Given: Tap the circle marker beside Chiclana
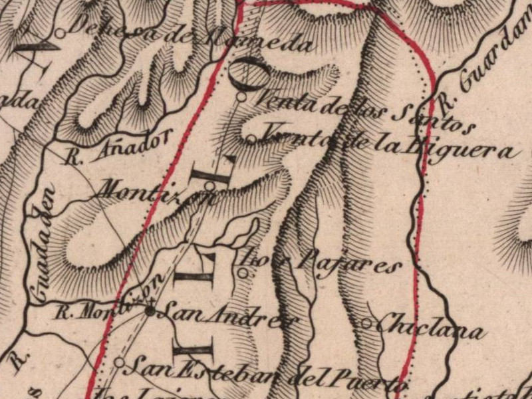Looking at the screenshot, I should pyautogui.click(x=366, y=324).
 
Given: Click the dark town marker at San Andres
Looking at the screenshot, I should pyautogui.click(x=150, y=310).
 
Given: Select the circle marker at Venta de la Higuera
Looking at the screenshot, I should pyautogui.click(x=251, y=139).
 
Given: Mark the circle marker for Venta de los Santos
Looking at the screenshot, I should pyautogui.click(x=242, y=96).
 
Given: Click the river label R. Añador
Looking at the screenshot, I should pyautogui.click(x=120, y=147).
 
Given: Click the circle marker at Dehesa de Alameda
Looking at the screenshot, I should pyautogui.click(x=60, y=33).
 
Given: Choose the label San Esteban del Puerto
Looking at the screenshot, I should pyautogui.click(x=266, y=373).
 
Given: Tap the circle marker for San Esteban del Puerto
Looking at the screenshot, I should pyautogui.click(x=119, y=362).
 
